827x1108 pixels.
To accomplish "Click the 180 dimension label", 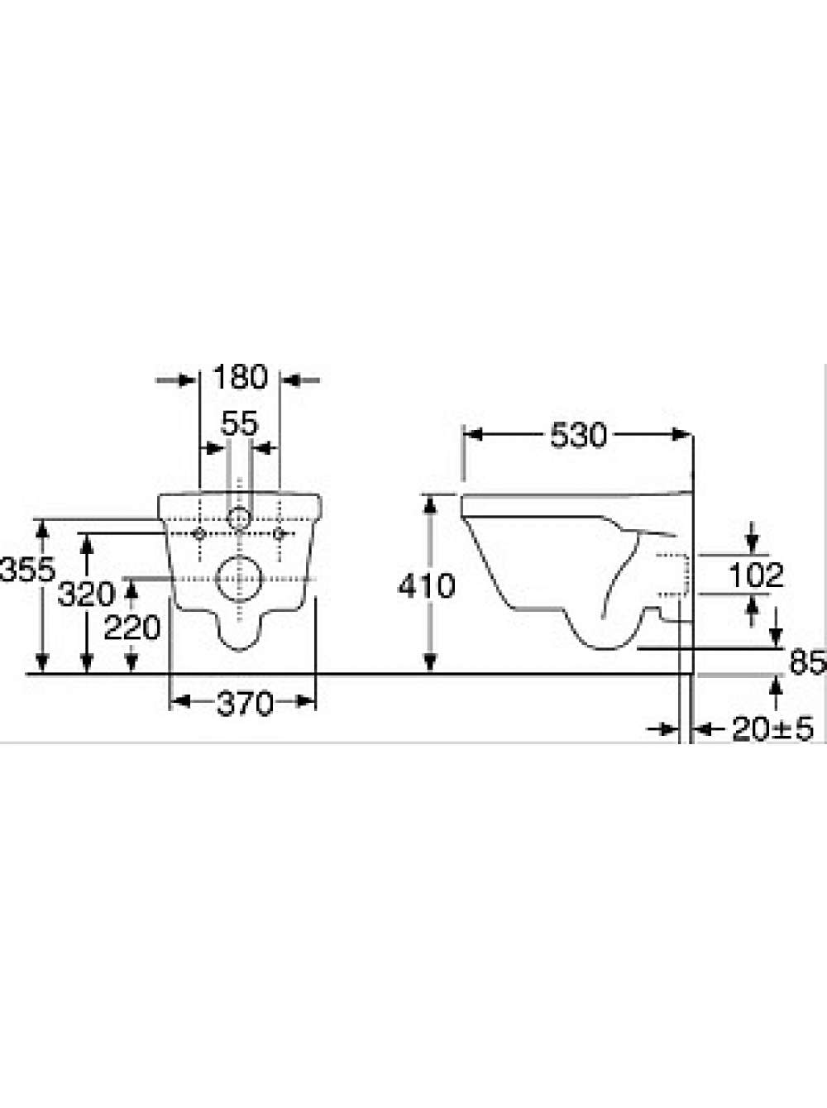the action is coord(241,376).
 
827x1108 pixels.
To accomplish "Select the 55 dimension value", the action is coord(240,423).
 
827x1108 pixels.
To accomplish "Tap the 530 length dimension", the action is coord(578,435).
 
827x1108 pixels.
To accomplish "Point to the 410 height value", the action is coord(427,585).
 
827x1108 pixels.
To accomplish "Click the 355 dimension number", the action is coord(27,570).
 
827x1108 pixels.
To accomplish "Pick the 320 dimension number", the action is coord(86,594).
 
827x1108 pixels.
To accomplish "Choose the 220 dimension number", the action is coord(132,628).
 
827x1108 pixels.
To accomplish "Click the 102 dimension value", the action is coord(756,575).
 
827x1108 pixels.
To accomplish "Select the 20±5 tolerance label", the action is coord(773,729).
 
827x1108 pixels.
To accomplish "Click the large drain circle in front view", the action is coord(239,579).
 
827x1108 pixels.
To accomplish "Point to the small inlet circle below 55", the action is coord(239,518).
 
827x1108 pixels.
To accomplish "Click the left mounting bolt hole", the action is coord(200,533).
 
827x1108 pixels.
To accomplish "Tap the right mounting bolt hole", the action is coord(278,533).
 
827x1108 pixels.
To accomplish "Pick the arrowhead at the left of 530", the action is coord(472,435).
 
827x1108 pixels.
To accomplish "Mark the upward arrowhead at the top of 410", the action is coord(430,504).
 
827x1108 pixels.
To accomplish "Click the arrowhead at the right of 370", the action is coord(306,702).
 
